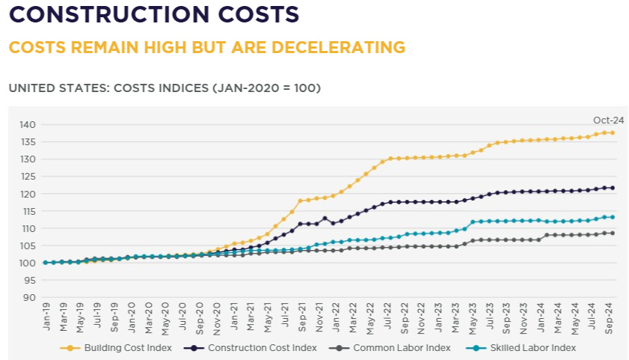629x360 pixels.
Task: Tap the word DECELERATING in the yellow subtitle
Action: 334,47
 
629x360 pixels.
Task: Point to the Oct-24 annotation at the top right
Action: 608,120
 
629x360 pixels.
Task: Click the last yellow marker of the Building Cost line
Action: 612,133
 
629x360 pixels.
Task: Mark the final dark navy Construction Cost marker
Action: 612,188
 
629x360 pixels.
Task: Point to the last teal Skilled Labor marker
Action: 612,217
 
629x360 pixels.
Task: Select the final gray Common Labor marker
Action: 612,233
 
